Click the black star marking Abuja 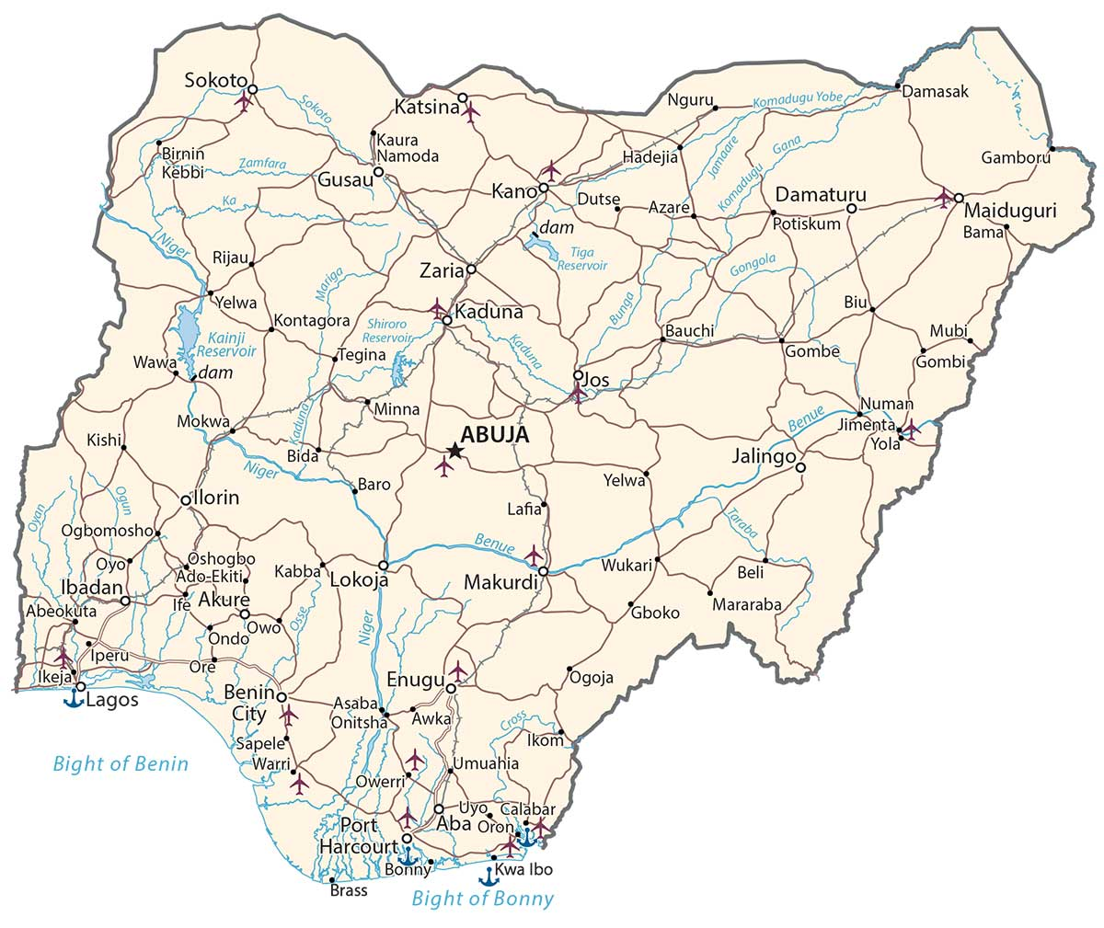coord(454,450)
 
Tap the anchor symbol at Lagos coord(73,698)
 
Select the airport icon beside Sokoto coord(243,100)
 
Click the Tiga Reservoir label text coord(582,258)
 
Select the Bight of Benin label coord(121,763)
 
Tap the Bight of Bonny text coord(483,899)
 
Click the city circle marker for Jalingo coord(800,468)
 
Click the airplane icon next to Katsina coord(471,113)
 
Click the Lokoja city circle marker coord(384,565)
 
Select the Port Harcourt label coord(359,834)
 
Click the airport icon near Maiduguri coord(943,197)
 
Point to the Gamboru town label coord(1016,157)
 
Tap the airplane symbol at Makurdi coord(534,555)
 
